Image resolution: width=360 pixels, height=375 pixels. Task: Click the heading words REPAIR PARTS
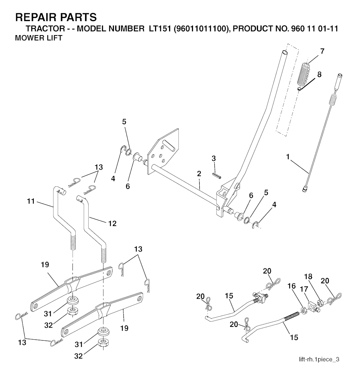[x=56, y=17]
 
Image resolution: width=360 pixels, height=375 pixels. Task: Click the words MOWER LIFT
[x=39, y=38]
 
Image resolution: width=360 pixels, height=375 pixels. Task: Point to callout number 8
[x=319, y=75]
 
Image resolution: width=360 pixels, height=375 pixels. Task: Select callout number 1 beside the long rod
[x=288, y=157]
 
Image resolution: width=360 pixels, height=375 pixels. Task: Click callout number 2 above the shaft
[x=199, y=174]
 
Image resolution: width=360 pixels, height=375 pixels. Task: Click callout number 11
[x=31, y=201]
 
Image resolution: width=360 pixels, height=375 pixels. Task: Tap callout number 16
[x=291, y=286]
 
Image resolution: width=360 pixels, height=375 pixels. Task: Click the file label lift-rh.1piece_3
[x=319, y=359]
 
